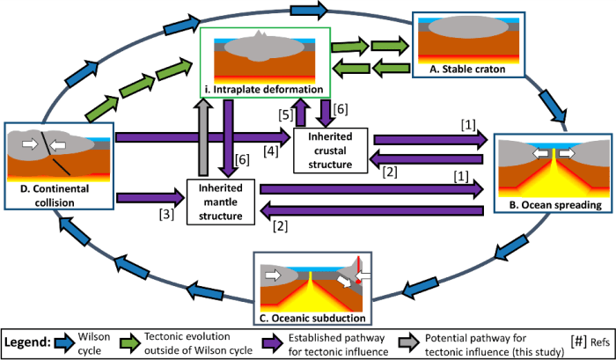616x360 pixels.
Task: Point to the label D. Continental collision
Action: (x=58, y=197)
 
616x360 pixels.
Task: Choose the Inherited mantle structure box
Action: (x=220, y=200)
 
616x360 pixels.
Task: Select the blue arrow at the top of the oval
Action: (x=314, y=11)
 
